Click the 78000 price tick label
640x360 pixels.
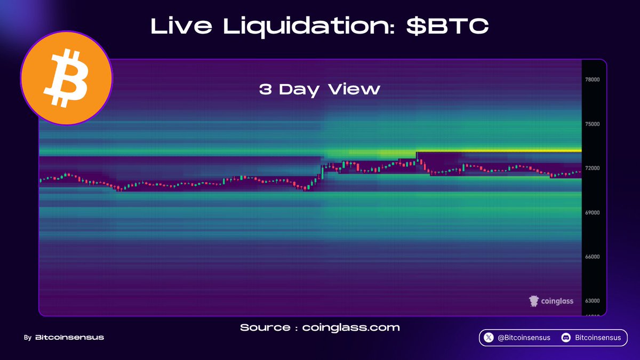[593, 79]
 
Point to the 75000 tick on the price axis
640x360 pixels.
[593, 124]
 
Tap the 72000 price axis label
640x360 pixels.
[593, 168]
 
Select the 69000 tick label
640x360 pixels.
[593, 213]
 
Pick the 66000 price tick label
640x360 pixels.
[593, 257]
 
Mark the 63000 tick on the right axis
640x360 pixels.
[593, 301]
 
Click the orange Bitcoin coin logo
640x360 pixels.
[67, 78]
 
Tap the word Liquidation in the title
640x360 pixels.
[309, 27]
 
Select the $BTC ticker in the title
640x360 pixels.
[447, 26]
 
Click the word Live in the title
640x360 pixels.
[181, 26]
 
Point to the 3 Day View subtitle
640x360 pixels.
[319, 90]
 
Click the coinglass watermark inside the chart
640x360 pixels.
[551, 301]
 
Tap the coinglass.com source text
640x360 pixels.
[351, 327]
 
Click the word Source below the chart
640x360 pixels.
[265, 327]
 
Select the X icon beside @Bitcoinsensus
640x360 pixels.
[489, 338]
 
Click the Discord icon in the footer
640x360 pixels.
[566, 338]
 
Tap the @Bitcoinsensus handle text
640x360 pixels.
[524, 338]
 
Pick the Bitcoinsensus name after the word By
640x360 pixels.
[69, 338]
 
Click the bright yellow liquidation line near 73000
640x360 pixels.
[499, 150]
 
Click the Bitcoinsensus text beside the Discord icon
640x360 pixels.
[598, 338]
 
